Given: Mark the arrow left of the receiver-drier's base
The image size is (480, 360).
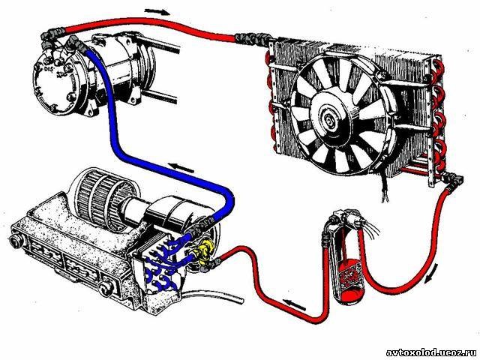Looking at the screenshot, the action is [x=297, y=306].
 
